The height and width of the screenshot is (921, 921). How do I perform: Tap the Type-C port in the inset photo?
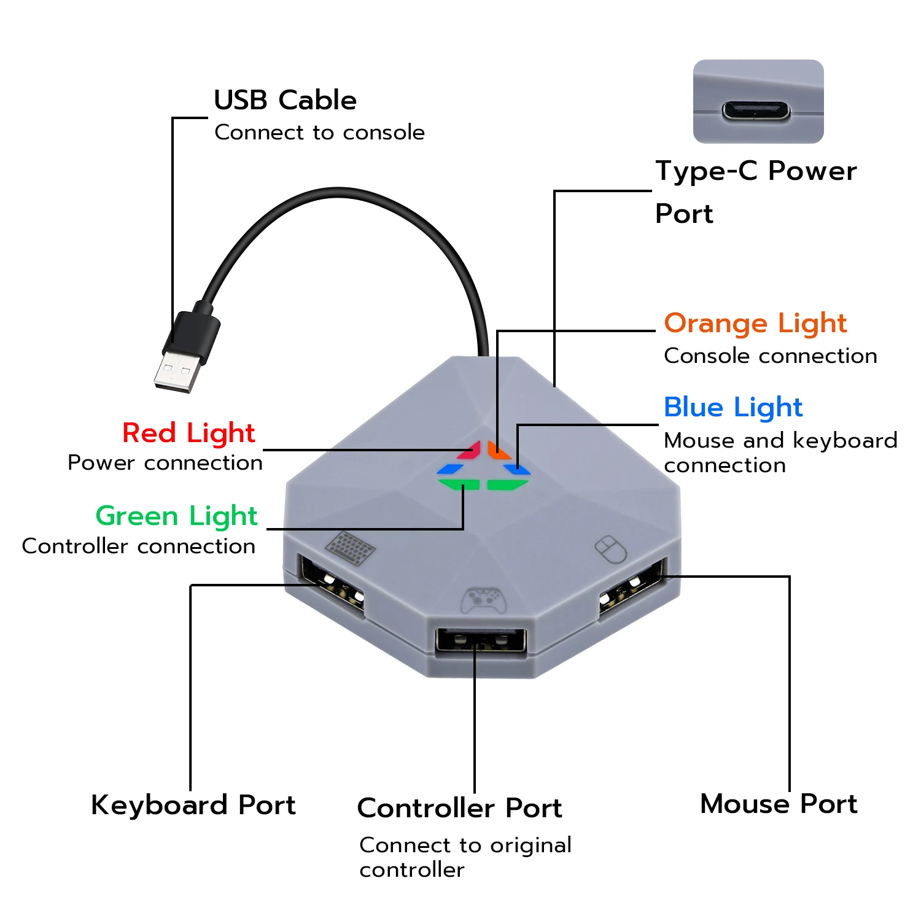coord(756,111)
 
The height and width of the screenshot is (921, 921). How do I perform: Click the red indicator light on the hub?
coord(470,449)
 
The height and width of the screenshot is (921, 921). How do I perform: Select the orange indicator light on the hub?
coord(498,450)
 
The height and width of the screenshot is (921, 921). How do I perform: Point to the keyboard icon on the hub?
coord(350,547)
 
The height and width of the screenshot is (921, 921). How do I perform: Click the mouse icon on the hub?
coord(611,549)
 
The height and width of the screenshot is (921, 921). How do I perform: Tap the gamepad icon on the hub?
coord(484,600)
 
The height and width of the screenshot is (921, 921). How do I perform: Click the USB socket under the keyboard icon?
coord(331,583)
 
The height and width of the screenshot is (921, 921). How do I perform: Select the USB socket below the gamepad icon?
coord(481,640)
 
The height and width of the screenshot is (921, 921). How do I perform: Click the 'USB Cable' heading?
coord(285,100)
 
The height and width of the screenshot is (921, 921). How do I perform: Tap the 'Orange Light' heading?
coord(755,323)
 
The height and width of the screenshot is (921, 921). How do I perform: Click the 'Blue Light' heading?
coord(733,407)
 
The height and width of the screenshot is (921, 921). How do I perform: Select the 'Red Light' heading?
coord(188,433)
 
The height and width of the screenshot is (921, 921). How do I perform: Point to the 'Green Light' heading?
coord(177,516)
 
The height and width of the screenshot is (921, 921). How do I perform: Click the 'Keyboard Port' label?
coord(193,805)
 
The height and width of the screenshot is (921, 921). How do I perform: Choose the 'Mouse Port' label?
coord(779,804)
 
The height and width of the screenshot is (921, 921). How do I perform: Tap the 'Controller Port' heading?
coord(460,808)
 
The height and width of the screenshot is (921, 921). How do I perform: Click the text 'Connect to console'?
coord(319,133)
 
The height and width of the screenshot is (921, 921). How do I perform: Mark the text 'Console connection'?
coord(771,356)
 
